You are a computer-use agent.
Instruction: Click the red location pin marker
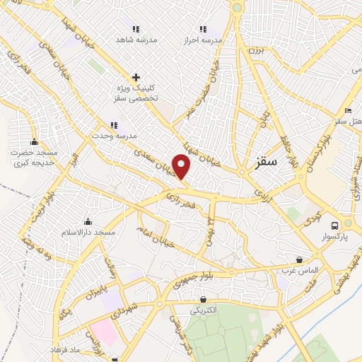coord(182,167)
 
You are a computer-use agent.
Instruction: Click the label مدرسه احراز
coord(203,40)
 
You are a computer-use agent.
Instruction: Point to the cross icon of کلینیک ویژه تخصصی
coord(136,77)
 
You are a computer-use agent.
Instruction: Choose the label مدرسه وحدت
coord(113,134)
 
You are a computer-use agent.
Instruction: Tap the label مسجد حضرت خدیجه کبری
coord(33,158)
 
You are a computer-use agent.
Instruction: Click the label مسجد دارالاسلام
coord(88,233)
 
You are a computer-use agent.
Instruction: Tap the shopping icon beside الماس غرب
coord(300,259)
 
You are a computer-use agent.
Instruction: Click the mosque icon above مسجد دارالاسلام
coord(88,222)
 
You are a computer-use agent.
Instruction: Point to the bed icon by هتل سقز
coord(347,111)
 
